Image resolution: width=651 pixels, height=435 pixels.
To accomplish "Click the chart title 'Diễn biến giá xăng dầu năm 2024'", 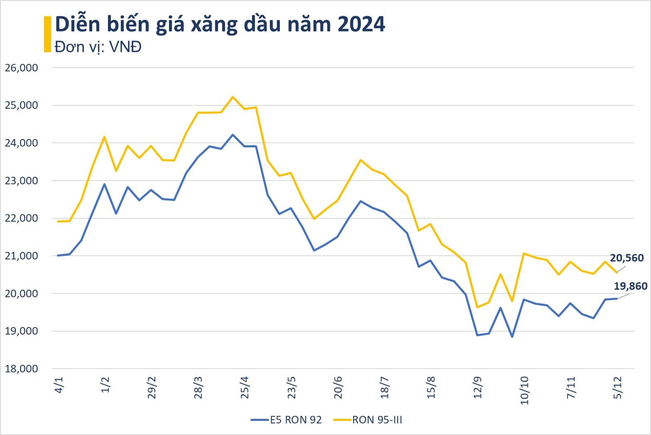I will pos(220,25).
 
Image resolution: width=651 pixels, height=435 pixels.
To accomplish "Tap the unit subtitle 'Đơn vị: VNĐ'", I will pos(98,47).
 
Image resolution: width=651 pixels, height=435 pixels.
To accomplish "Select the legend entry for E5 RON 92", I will pos(286,420).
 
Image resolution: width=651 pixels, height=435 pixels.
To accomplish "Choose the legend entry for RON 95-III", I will pos(368,420).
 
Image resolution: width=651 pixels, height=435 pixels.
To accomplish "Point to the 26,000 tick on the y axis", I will pos(21,68).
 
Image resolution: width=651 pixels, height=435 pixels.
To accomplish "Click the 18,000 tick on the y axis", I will pos(21,369).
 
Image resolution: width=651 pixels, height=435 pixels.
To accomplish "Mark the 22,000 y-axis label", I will pos(21,218).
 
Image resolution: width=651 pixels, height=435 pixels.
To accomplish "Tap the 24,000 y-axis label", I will pos(21,143).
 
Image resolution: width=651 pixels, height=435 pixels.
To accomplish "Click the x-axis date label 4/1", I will pos(59,385).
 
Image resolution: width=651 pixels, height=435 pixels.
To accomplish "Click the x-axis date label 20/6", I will pos(338,387).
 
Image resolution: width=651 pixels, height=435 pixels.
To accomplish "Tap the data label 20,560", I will pos(627,258).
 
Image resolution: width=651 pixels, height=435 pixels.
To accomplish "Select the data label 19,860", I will pos(630,286).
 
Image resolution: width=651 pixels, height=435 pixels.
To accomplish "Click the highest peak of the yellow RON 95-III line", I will pos(232,97).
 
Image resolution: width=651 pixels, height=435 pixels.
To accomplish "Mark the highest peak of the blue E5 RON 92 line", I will pos(232,135).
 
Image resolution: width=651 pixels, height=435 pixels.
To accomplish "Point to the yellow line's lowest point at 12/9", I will pos(477,308).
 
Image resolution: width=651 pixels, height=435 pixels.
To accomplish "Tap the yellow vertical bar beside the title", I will pos(47,34).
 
